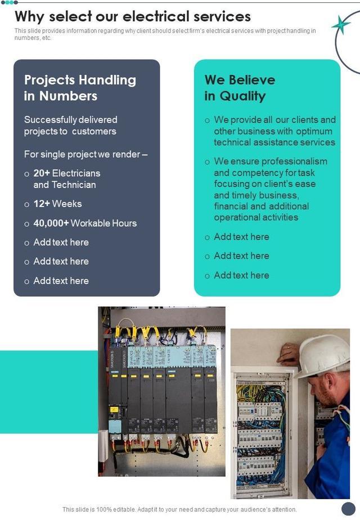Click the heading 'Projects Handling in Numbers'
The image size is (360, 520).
pyautogui.click(x=80, y=88)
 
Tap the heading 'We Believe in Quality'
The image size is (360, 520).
pyautogui.click(x=240, y=88)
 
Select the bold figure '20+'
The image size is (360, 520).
pyautogui.click(x=42, y=173)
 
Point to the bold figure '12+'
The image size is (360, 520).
pyautogui.click(x=42, y=204)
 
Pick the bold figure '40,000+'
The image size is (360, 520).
pyautogui.click(x=51, y=223)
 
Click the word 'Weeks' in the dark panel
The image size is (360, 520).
pyautogui.click(x=67, y=204)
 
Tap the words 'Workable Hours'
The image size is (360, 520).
pyautogui.click(x=103, y=223)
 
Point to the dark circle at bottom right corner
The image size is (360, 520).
pyautogui.click(x=349, y=508)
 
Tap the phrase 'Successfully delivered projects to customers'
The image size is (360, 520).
pyautogui.click(x=70, y=125)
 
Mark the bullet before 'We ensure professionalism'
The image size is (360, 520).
pyautogui.click(x=208, y=162)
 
